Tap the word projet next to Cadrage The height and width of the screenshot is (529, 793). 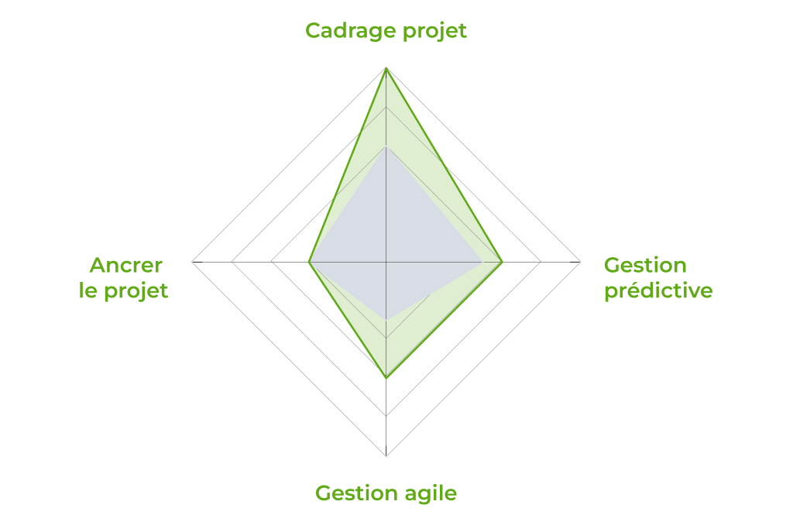[x=434, y=31]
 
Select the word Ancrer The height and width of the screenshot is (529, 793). [x=126, y=265]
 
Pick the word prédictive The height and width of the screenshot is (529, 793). [x=658, y=290]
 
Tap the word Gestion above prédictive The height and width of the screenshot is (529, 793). [x=645, y=265]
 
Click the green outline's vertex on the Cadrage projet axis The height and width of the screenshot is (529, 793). [x=386, y=68]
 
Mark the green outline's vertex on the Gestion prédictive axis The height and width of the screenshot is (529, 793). [x=502, y=262]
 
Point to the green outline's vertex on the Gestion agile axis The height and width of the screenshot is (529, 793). [x=386, y=378]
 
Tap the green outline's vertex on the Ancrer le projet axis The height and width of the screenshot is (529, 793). [x=309, y=262]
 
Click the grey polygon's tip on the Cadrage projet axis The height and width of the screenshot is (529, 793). [x=386, y=146]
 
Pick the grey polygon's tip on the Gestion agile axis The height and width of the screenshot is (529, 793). [x=386, y=320]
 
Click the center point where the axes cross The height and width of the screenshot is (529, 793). [x=386, y=262]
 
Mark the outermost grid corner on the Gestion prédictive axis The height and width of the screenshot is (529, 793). [x=579, y=262]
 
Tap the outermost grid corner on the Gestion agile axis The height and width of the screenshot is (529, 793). [x=386, y=455]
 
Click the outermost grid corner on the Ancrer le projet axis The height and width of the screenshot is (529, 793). [x=193, y=262]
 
